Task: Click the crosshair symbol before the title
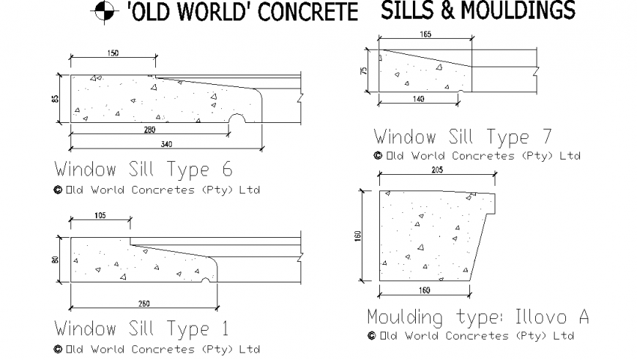coord(103,11)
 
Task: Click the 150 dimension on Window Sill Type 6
coord(113,53)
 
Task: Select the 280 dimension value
coord(149,130)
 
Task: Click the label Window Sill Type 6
coord(143,169)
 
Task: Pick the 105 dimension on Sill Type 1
coord(100,215)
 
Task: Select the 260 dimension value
coord(144,303)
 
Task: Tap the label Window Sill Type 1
coord(141,328)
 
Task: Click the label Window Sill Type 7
coord(463,136)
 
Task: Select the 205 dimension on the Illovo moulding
coord(437,170)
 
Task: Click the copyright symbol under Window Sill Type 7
coord(378,155)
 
